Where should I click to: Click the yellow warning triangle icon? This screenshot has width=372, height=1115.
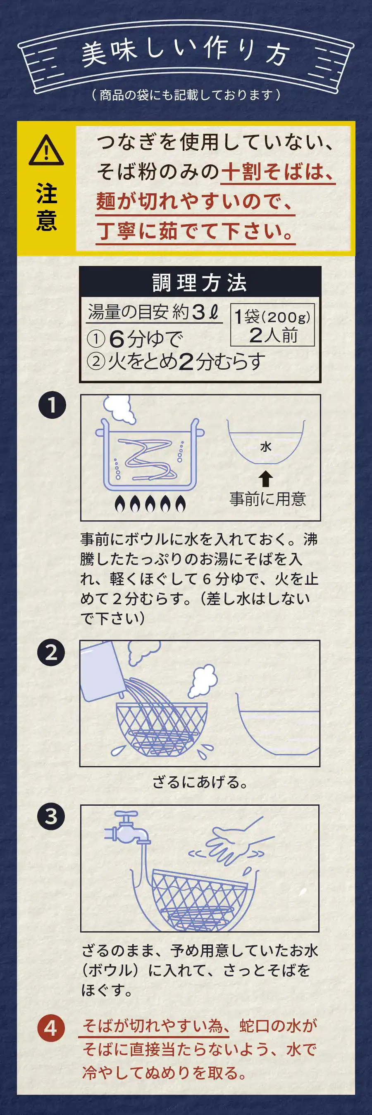[46, 150]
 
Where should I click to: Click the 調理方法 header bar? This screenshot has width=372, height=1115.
[200, 282]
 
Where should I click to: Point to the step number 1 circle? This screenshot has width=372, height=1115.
[52, 406]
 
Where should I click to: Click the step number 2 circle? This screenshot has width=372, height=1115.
[51, 652]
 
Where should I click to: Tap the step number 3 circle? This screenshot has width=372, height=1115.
[51, 817]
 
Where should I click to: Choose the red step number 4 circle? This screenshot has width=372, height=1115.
[51, 1028]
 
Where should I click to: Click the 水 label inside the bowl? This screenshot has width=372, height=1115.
[265, 447]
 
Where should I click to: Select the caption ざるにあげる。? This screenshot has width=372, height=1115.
[200, 782]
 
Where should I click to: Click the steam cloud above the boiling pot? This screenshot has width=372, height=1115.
[118, 408]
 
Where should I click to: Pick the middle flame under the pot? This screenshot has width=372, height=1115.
[150, 503]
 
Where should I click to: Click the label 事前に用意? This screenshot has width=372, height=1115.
[267, 499]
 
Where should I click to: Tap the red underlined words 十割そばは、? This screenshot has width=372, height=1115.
[277, 172]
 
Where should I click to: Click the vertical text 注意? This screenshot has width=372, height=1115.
[46, 207]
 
